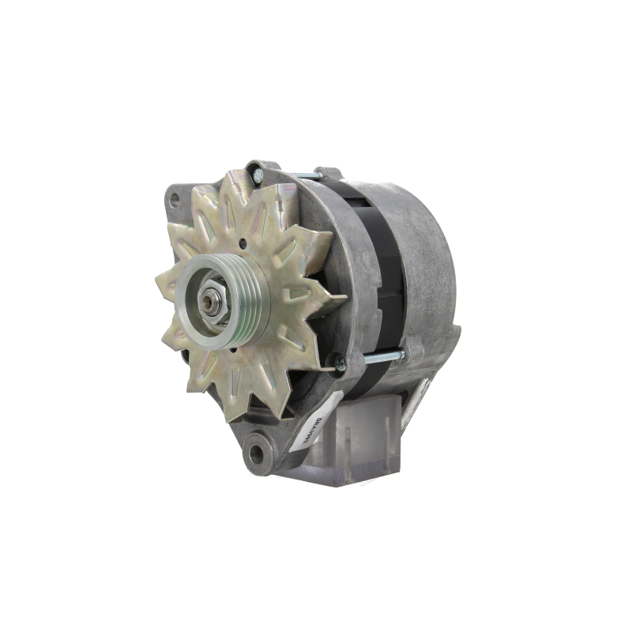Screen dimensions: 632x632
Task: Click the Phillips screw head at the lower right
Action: coord(339,363)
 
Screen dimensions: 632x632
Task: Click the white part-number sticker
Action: coord(303,433)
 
